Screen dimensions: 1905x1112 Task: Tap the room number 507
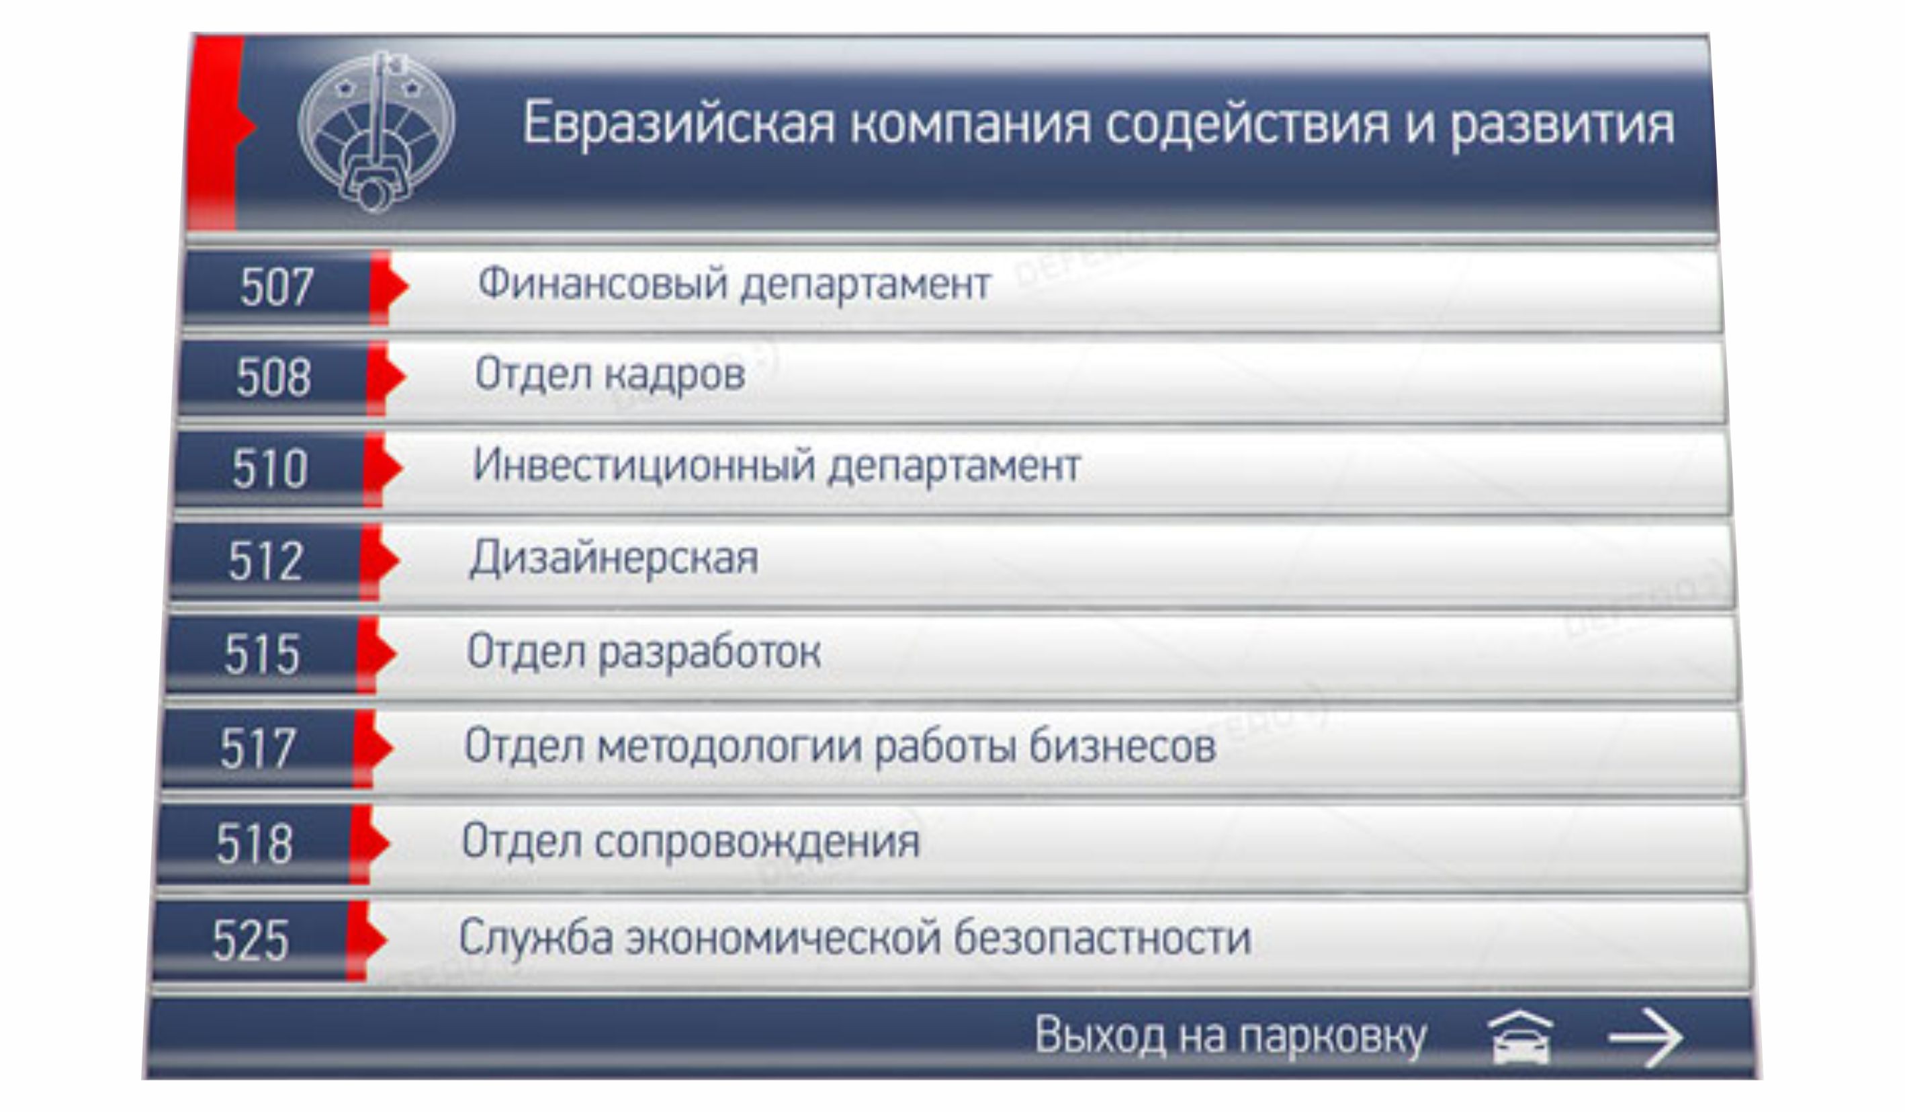pyautogui.click(x=277, y=288)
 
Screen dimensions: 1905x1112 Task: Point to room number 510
pyautogui.click(x=270, y=469)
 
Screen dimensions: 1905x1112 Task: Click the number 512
pyautogui.click(x=266, y=561)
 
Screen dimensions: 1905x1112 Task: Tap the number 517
pyautogui.click(x=258, y=749)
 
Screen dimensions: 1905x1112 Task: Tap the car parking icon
pyautogui.click(x=1520, y=1037)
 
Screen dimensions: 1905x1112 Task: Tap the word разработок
pyautogui.click(x=710, y=653)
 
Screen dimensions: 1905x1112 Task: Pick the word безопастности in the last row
pyautogui.click(x=1103, y=938)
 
